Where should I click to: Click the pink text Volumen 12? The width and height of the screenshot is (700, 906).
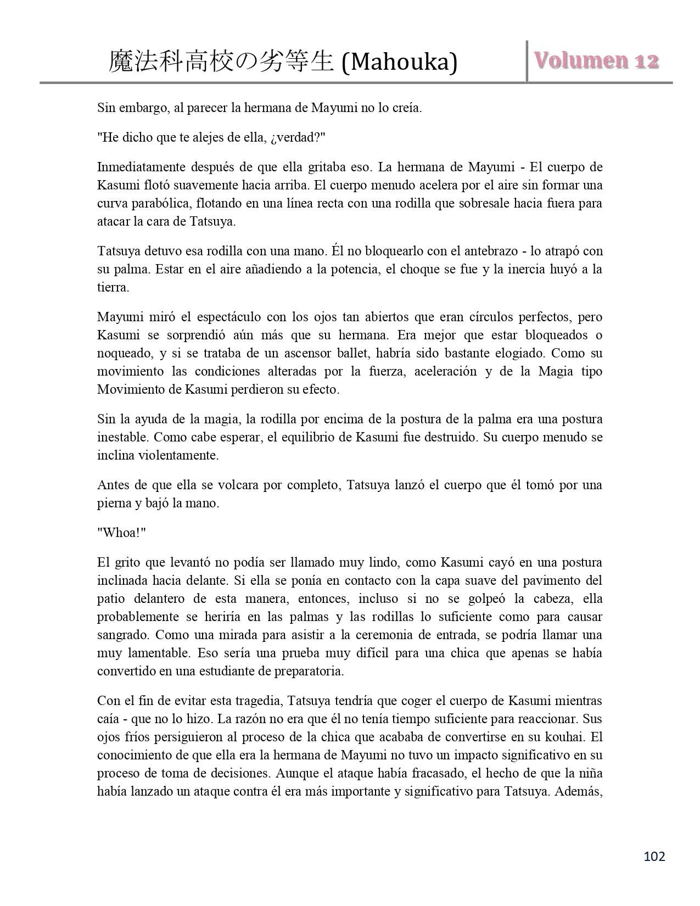(x=596, y=60)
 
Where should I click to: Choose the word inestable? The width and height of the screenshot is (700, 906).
(x=122, y=438)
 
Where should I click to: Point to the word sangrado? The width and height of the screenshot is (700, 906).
(x=123, y=635)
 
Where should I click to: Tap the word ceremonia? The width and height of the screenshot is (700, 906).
(x=384, y=635)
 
